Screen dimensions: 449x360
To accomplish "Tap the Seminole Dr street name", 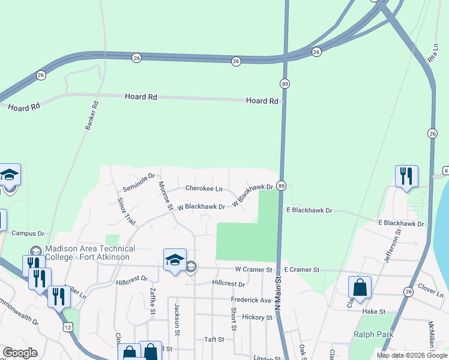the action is [139, 179].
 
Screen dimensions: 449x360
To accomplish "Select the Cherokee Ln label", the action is [203, 188].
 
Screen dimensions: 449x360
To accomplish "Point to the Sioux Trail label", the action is [127, 211].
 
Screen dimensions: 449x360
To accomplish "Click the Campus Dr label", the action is [28, 233].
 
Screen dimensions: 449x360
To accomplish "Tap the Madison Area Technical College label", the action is [89, 253].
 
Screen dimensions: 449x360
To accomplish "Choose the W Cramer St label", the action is [253, 270].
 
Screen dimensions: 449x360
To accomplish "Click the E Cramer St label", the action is [302, 270].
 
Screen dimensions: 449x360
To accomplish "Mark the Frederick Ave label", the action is [251, 300].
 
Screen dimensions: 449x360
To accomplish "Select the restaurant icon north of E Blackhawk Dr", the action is [406, 176].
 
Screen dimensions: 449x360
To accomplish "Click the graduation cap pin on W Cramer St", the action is [175, 260].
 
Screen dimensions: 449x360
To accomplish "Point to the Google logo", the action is [20, 353].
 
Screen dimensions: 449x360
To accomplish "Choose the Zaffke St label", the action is [153, 301].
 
